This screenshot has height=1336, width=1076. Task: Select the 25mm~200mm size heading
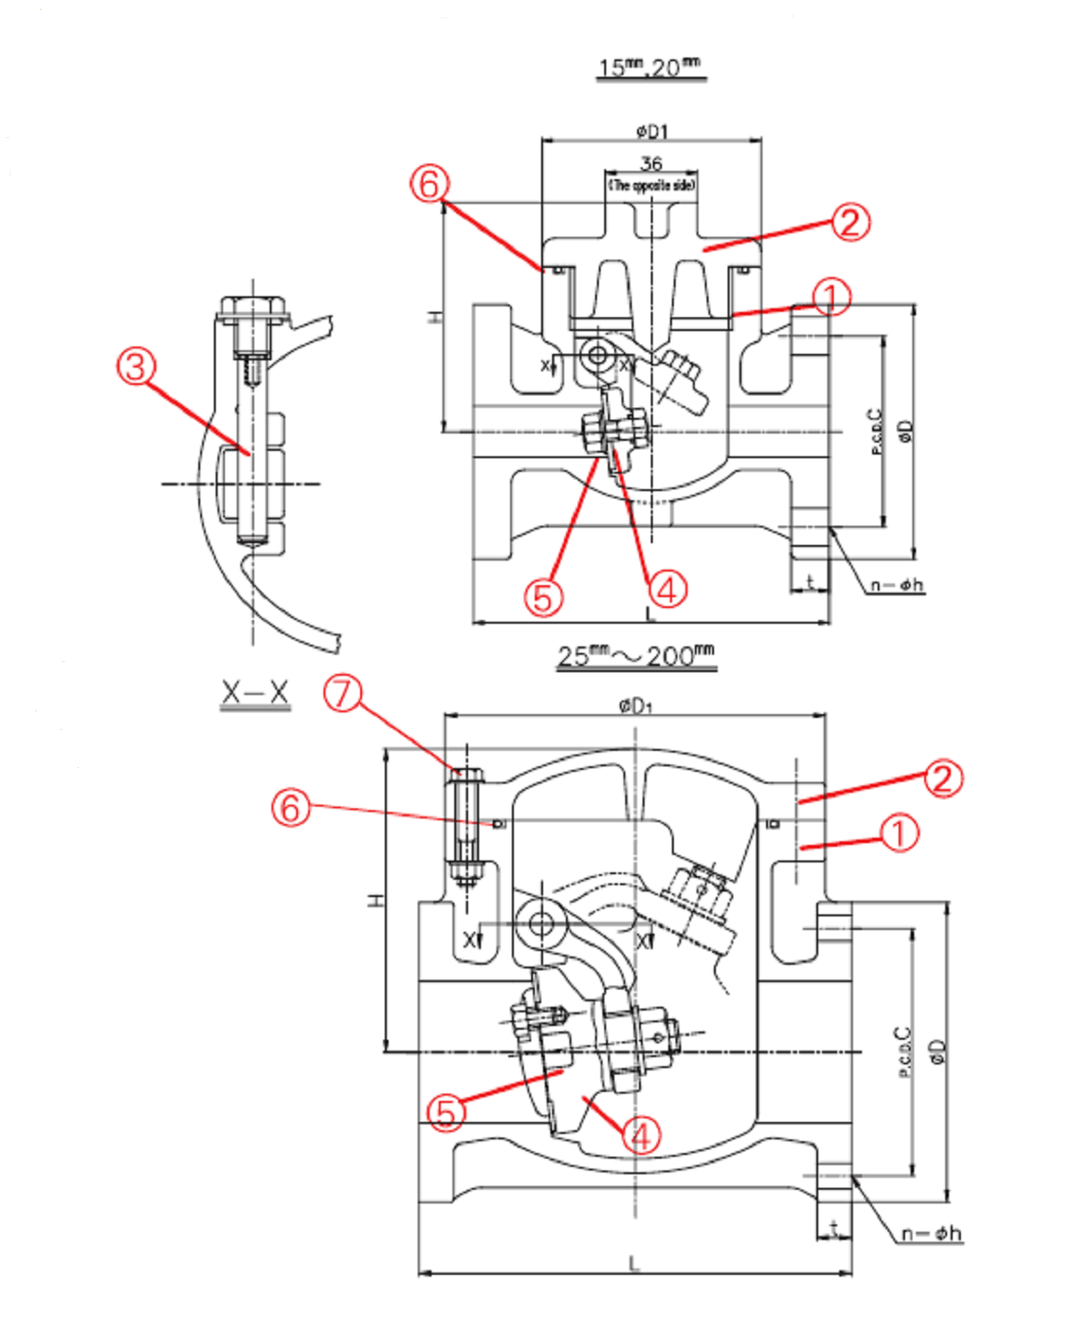635,656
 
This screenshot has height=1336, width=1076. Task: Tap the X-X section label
255,693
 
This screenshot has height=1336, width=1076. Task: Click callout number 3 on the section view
135,367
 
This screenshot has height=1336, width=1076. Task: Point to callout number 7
342,693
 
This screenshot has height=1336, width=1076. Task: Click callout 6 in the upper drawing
429,184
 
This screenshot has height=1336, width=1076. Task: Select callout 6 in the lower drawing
291,807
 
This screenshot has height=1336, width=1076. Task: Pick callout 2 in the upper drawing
850,222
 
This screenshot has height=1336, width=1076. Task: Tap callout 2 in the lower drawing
943,778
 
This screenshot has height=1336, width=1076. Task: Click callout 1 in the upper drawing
831,296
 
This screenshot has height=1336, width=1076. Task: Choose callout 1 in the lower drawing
900,833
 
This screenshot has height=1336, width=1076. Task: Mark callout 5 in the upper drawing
543,598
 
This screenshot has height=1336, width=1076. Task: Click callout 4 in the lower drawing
642,1136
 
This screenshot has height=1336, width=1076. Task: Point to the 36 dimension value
651,164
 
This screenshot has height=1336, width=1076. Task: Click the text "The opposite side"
652,185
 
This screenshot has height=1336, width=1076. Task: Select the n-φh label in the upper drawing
897,584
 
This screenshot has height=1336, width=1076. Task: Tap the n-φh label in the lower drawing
932,1234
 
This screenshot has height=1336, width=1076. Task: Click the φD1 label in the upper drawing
652,132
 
